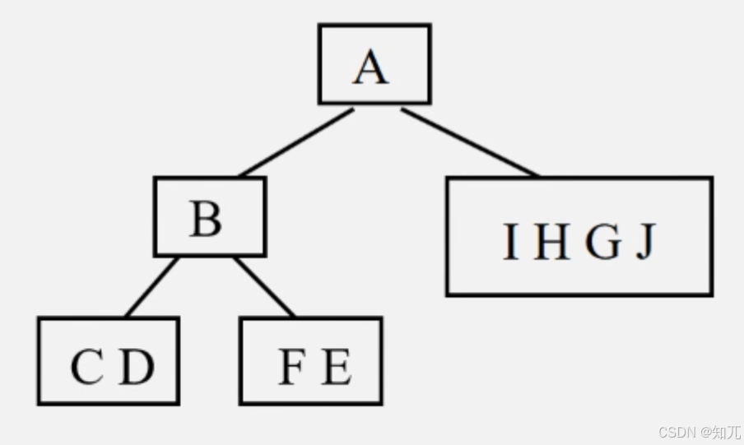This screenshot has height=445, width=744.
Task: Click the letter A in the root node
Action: pyautogui.click(x=371, y=67)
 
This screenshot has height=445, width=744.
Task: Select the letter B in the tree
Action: pyautogui.click(x=206, y=220)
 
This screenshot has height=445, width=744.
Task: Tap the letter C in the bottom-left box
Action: pyautogui.click(x=87, y=367)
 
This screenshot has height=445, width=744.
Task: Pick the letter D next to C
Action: pyautogui.click(x=137, y=367)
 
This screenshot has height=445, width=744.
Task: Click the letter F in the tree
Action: pyautogui.click(x=291, y=367)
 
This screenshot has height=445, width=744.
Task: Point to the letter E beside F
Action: pyautogui.click(x=337, y=367)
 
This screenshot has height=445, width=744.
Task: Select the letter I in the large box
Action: pyautogui.click(x=511, y=243)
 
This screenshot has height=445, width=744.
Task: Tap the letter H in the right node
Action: pyautogui.click(x=551, y=243)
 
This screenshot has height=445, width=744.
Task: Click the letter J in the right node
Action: pyautogui.click(x=647, y=243)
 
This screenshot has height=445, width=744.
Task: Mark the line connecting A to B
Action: pyautogui.click(x=296, y=141)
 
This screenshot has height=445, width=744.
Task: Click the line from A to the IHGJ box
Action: pyautogui.click(x=469, y=141)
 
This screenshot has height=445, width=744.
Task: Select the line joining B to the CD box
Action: pyautogui.click(x=152, y=287)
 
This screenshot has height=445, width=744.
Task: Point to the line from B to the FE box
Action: pyautogui.click(x=263, y=287)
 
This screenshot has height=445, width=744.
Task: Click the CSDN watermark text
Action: pyautogui.click(x=677, y=432)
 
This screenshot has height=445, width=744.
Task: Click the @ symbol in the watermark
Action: pyautogui.click(x=704, y=432)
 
